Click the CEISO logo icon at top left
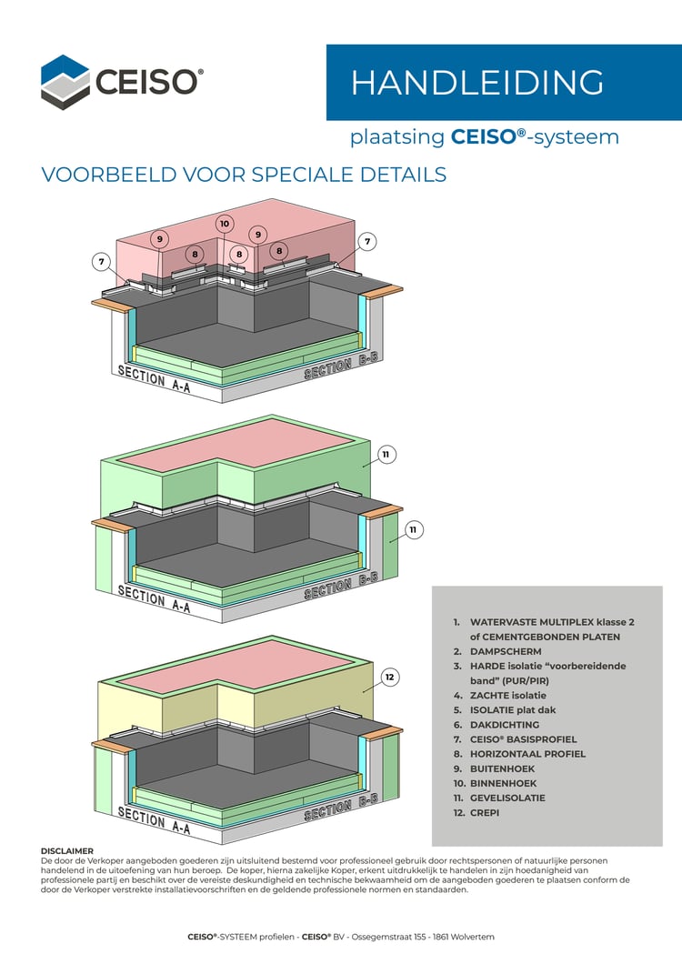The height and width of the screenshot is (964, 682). tap(65, 80)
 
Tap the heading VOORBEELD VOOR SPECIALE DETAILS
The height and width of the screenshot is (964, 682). tap(244, 174)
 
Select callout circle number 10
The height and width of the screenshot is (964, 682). tap(225, 224)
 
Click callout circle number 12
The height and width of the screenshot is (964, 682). tap(390, 677)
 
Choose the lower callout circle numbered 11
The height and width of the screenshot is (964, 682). tap(413, 528)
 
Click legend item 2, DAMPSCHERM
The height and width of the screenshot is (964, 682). tap(505, 651)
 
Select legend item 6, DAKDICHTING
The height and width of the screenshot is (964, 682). tap(505, 725)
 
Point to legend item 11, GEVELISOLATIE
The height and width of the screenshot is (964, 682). tap(512, 798)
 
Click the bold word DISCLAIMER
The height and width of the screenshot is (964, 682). tap(67, 851)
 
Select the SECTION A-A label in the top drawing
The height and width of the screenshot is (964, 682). tap(154, 380)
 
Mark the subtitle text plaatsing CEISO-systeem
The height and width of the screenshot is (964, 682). tap(484, 137)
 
